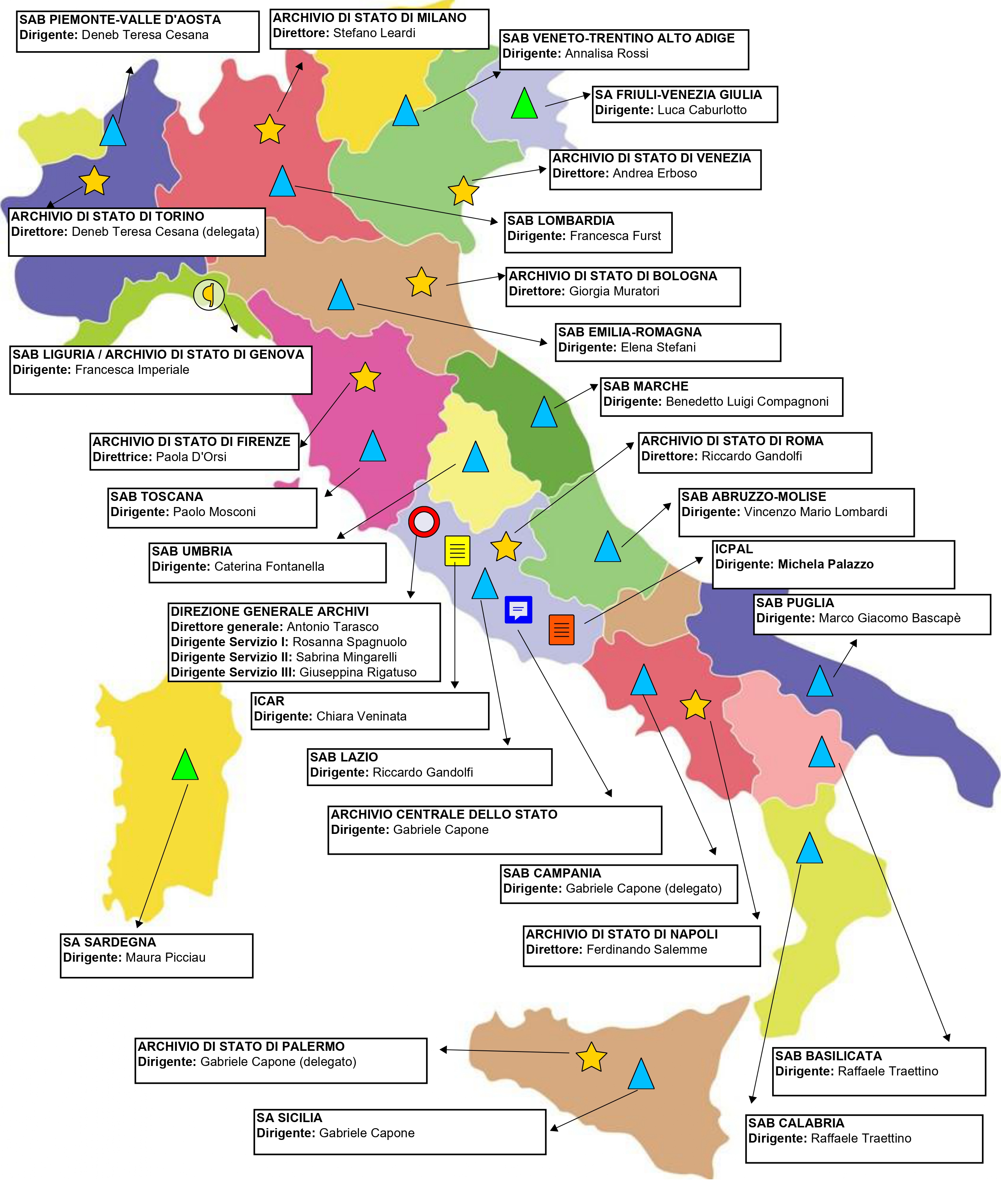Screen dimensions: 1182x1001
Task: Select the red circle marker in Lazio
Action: coord(424,522)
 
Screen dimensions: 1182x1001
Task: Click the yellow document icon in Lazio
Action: coord(457,551)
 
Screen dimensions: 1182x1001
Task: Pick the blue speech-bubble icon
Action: coord(518,610)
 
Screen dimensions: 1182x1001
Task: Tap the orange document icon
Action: coord(561,629)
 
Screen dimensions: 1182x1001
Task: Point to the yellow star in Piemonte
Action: coord(94,182)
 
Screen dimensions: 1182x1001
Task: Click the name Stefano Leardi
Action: coord(374,33)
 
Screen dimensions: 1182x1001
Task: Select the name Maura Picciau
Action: coord(165,958)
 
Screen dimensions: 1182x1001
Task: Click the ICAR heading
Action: coord(269,701)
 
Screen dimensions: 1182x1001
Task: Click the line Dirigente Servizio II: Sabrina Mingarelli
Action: coord(284,657)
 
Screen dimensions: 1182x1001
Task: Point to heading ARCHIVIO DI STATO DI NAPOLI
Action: coord(622,934)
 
